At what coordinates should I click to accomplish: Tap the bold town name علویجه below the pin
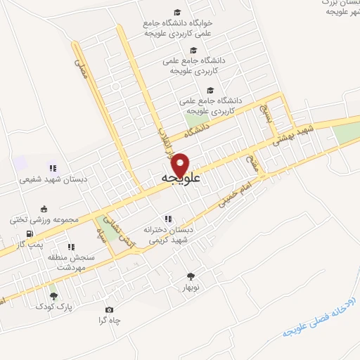[x=181, y=179]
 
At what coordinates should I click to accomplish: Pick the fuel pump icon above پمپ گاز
[x=29, y=233]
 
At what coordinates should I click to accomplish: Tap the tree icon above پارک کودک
[x=54, y=296]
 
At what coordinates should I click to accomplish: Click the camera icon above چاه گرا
[x=109, y=309]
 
